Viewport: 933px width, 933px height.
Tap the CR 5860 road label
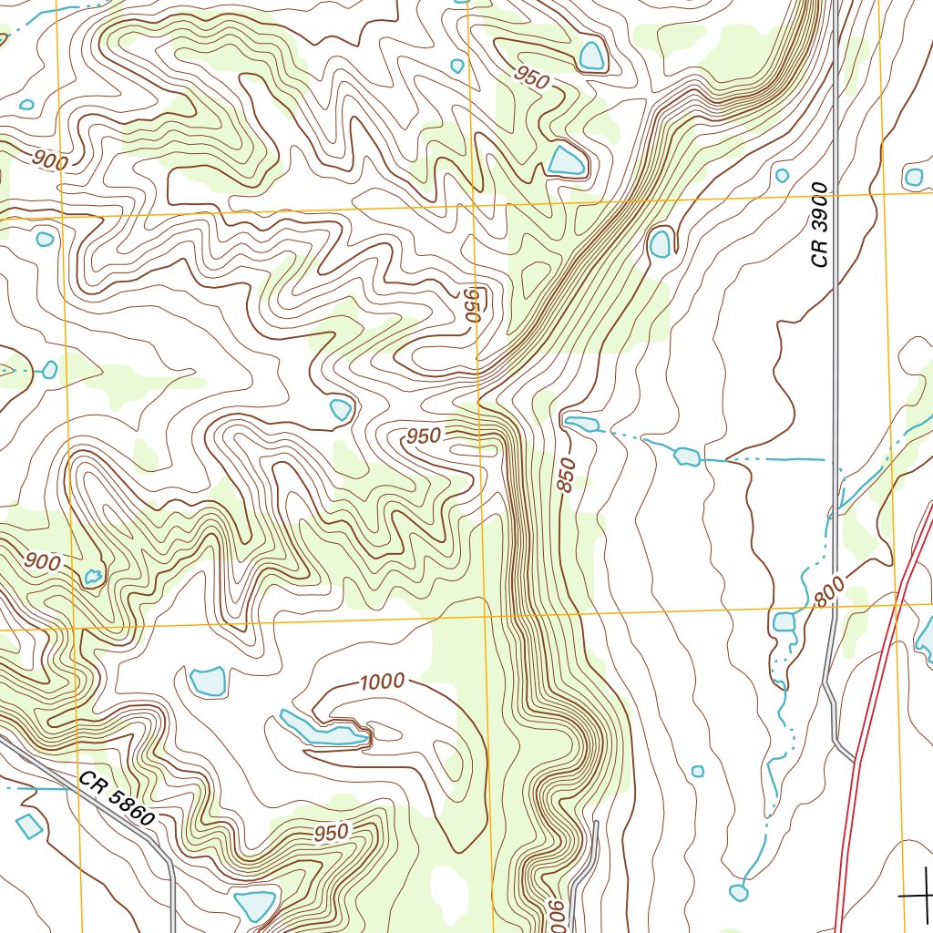[x=116, y=800]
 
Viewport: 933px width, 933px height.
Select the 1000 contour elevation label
[x=382, y=682]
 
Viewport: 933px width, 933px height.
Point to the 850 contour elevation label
[x=567, y=475]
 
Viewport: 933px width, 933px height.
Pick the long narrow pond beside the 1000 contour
[x=323, y=730]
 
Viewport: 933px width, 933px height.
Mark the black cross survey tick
[x=918, y=895]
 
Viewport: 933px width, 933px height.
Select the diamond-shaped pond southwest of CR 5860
[x=29, y=825]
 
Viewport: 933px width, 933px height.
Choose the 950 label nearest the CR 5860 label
[x=331, y=833]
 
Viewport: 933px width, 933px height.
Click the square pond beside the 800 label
[x=784, y=622]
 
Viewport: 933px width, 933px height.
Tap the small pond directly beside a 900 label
[x=92, y=576]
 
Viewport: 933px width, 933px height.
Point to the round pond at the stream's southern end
[x=739, y=893]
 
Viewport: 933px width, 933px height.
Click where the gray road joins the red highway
[x=856, y=761]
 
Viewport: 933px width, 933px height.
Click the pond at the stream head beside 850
[x=581, y=424]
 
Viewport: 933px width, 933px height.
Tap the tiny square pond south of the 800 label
[x=698, y=771]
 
